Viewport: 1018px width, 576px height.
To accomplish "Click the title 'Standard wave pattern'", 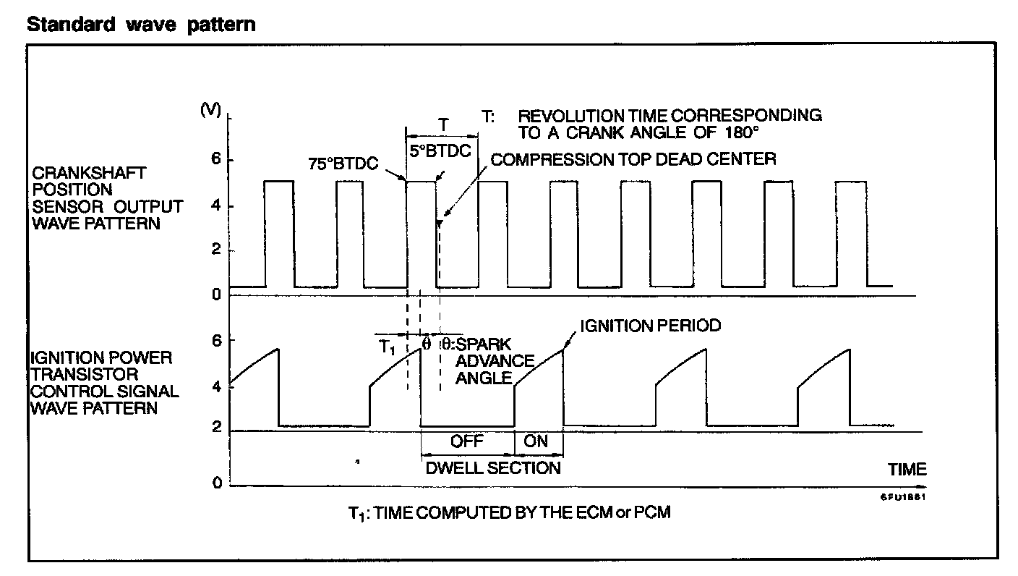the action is pyautogui.click(x=141, y=24).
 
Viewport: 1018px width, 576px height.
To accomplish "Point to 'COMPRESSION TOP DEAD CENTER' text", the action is pyautogui.click(x=633, y=159).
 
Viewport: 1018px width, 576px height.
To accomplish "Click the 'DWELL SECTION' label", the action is pyautogui.click(x=492, y=467).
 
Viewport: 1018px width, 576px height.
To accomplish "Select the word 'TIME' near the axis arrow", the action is pyautogui.click(x=907, y=469).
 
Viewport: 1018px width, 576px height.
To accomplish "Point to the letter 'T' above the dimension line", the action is pyautogui.click(x=442, y=124).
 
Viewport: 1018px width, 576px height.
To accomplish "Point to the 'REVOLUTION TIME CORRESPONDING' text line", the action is pyautogui.click(x=670, y=116).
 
